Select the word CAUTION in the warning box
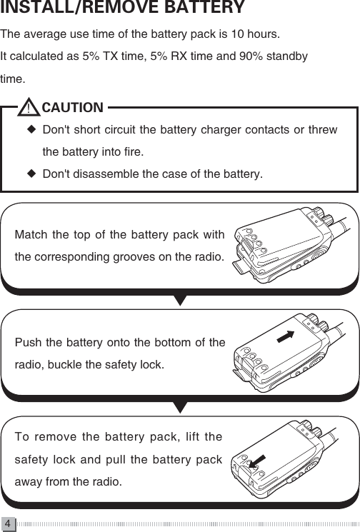click(72, 109)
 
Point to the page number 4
click(7, 523)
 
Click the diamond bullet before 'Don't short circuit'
click(31, 131)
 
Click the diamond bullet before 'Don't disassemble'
click(31, 174)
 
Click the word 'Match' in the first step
click(29, 235)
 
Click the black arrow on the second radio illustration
click(285, 337)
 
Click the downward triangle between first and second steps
click(180, 299)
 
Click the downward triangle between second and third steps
click(180, 406)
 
